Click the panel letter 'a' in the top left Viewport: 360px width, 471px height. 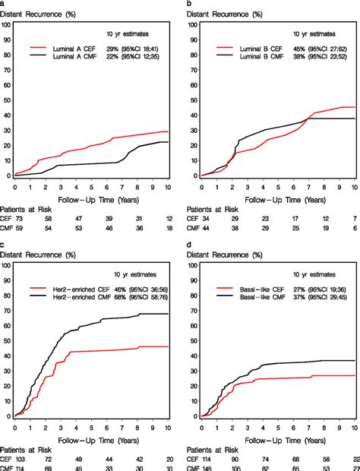(3, 4)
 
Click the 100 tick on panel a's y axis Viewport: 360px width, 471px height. (7, 24)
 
